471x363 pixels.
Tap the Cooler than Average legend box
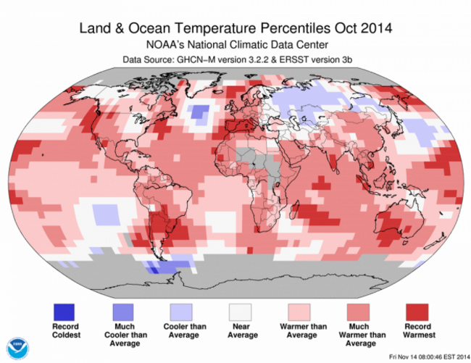click(181, 311)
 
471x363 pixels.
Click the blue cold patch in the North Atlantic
click(196, 111)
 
